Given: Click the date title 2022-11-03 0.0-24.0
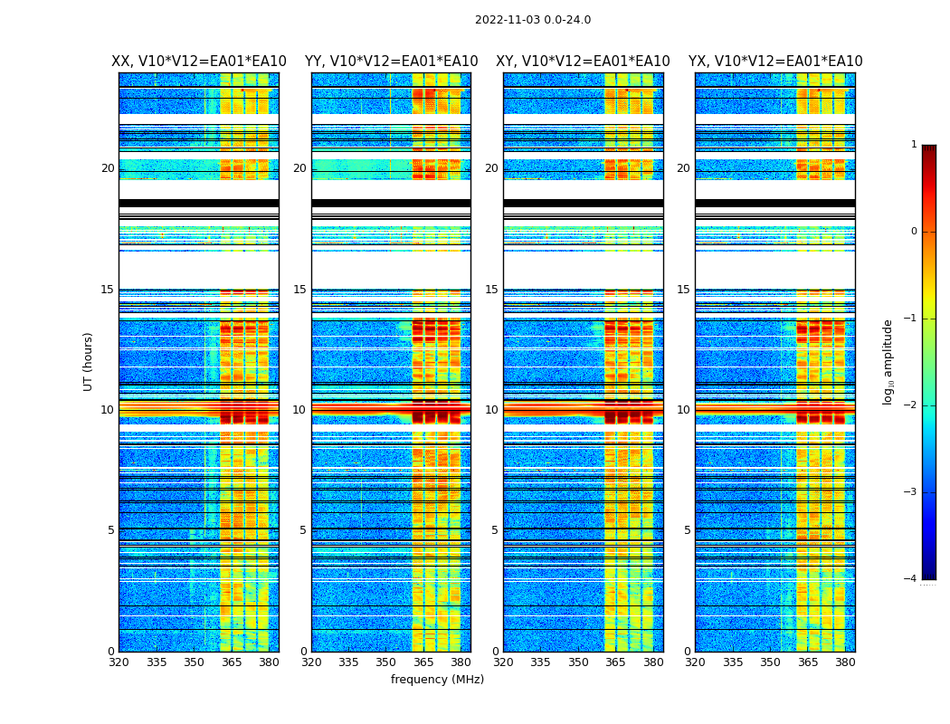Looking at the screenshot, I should (533, 20).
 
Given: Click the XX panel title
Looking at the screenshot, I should (199, 62).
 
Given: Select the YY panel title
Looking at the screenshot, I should (391, 62).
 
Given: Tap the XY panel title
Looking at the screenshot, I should (583, 62).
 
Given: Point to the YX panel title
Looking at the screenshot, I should (775, 62).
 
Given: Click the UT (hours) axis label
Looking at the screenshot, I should (88, 361).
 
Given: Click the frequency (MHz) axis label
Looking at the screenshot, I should (437, 680).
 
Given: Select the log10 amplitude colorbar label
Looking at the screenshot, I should (888, 361).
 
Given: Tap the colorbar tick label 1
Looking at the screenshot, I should (914, 145).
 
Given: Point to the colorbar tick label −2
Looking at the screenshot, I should (911, 405).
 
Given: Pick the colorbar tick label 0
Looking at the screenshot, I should (914, 232).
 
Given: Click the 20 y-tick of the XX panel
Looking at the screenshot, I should (108, 168).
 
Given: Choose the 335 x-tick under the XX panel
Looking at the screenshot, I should (157, 662).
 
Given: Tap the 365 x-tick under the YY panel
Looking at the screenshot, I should (423, 662).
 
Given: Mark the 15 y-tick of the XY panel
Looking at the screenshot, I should (491, 290).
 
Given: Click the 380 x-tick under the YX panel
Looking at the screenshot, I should (845, 662).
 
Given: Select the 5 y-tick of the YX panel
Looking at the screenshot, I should (687, 530).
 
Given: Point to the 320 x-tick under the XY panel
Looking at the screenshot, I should (503, 662).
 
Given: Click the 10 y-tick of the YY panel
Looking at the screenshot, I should (299, 410).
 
